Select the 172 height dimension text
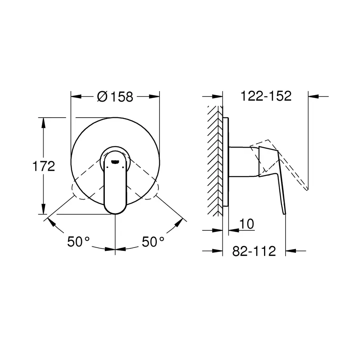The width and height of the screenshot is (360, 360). pyautogui.click(x=44, y=166)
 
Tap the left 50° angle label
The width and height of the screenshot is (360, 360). pyautogui.click(x=78, y=242)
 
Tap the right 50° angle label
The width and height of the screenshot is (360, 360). pyautogui.click(x=152, y=242)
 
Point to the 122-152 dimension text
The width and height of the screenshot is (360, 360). pyautogui.click(x=266, y=96)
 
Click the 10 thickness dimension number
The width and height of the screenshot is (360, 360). pyautogui.click(x=247, y=224)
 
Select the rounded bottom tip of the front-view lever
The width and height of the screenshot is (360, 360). pyautogui.click(x=115, y=210)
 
